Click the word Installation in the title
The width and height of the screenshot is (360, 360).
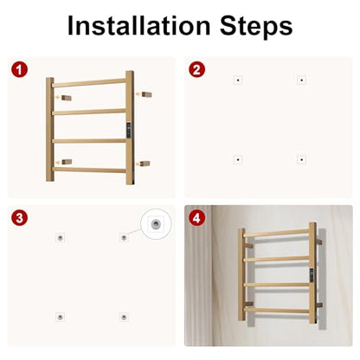coord(138,25)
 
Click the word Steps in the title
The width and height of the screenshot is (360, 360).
coord(256,27)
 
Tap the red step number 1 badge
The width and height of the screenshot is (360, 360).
coord(19,70)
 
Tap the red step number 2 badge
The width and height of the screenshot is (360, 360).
coord(196,70)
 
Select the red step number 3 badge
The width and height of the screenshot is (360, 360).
coord(19,218)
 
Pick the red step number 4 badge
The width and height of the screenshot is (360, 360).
coord(196,218)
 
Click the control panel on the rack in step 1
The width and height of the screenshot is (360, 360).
coord(129,130)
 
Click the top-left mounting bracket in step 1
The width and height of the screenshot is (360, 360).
coord(67,98)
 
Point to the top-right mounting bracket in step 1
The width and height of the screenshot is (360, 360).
coord(146,94)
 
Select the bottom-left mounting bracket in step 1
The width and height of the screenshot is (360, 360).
coord(67,162)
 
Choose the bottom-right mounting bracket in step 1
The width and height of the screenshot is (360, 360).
coord(145,164)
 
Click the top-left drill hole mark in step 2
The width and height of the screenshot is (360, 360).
coord(238,80)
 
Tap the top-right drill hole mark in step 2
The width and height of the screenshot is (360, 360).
coord(301,80)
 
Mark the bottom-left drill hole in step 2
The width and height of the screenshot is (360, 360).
coord(238,159)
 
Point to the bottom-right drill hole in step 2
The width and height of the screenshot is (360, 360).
coord(301,159)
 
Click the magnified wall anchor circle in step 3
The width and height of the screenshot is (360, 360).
coord(156,224)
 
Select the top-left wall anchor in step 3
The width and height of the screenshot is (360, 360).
coord(60,238)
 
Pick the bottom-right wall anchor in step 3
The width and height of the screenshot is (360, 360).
coord(124,317)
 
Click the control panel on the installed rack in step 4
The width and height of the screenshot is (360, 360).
coord(312,275)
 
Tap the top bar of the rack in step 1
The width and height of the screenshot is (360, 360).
coord(89,83)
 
